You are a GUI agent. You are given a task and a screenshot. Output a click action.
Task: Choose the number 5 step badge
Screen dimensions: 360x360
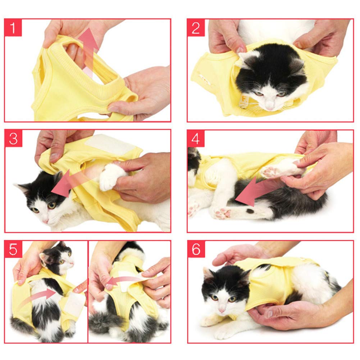coord(13,249)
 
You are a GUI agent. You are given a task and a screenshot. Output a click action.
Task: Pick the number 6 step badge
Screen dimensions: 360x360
coord(196,249)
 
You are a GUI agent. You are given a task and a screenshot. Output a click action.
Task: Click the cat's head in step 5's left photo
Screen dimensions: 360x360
coord(58,257)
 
